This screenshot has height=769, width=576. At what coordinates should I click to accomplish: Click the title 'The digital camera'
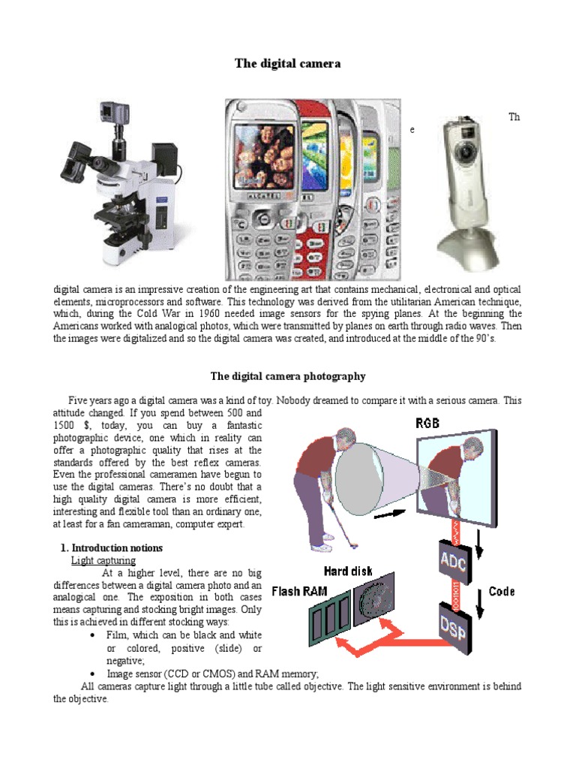point(288,64)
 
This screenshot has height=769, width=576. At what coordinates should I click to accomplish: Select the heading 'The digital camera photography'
point(288,376)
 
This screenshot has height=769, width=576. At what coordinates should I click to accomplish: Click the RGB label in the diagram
point(428,424)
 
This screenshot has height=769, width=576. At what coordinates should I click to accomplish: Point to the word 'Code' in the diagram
point(502,592)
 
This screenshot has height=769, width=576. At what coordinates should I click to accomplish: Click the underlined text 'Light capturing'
point(103,561)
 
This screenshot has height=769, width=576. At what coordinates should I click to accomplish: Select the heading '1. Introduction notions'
point(111,548)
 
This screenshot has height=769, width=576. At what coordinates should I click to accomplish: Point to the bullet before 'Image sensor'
point(91,674)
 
